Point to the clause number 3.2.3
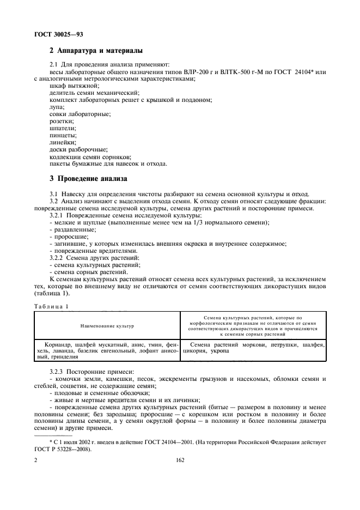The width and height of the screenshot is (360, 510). click(58, 371)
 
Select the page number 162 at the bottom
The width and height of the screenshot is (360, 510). click(180, 460)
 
